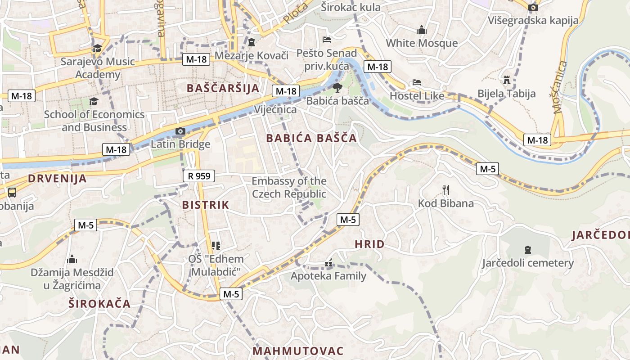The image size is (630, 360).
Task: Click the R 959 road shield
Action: [x=199, y=176]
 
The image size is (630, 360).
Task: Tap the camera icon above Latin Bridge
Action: [x=180, y=131]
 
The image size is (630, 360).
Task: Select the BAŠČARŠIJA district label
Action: [x=223, y=88]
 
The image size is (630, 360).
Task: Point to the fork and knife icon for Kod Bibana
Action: [x=445, y=190]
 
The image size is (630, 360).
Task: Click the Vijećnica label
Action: [x=275, y=110]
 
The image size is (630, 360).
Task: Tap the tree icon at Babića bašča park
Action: [x=337, y=88]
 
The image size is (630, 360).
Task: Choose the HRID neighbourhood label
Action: [x=369, y=244]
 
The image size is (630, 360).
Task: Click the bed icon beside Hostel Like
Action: [x=417, y=83]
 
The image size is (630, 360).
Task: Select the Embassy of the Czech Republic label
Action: [x=289, y=188]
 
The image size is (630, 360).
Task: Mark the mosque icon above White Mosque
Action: [x=422, y=30]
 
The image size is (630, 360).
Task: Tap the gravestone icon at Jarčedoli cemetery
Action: [x=527, y=249]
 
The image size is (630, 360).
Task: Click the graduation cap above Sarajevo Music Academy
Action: [x=97, y=48]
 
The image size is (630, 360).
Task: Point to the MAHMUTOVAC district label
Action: [x=298, y=351]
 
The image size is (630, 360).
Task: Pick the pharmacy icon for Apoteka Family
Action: [x=328, y=263]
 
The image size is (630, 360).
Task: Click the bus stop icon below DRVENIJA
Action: [x=12, y=193]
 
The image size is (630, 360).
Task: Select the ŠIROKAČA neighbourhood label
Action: [x=99, y=304]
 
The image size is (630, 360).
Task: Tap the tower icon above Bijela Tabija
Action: [x=507, y=80]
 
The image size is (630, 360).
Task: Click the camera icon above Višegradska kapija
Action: [x=533, y=7]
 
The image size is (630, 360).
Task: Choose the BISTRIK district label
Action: [x=206, y=205]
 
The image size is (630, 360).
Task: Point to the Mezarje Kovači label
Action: [x=251, y=56]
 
